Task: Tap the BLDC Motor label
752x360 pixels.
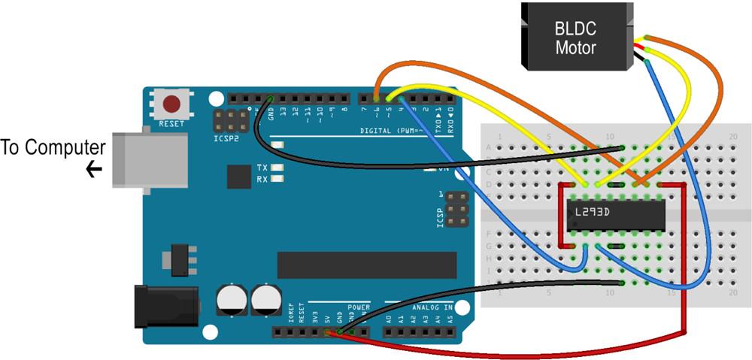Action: pos(575,39)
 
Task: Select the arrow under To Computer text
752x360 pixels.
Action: pos(94,170)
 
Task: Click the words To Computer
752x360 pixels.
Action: pos(52,147)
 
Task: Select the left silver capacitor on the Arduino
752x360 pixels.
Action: pos(230,299)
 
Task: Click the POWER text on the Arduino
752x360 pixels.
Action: pos(359,307)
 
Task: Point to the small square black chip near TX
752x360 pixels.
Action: pos(238,177)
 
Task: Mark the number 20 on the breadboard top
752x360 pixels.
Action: pos(733,136)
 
